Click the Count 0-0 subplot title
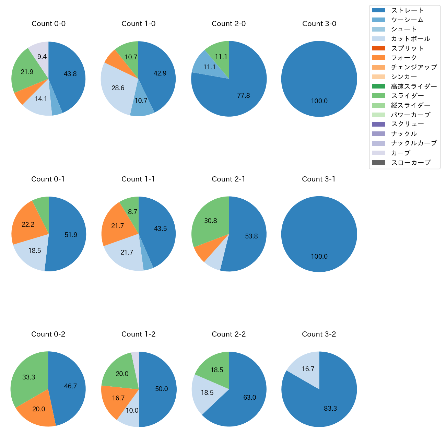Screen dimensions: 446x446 48,24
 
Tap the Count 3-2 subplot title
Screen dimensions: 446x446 319,334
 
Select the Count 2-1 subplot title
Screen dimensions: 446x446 228,179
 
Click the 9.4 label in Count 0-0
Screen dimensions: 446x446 42,57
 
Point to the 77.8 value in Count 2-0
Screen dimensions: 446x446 244,95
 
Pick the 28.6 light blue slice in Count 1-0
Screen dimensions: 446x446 118,88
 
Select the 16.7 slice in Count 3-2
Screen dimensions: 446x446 308,369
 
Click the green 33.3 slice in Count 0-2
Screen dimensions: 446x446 29,377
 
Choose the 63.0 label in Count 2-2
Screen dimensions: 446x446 250,397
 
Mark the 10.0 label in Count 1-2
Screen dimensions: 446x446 132,410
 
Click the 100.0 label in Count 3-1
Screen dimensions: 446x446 319,256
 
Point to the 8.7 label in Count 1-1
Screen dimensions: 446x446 133,212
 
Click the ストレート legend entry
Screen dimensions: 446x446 407,10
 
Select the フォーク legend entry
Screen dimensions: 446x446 404,58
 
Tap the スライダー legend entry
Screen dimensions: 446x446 407,96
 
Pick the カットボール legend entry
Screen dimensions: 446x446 410,39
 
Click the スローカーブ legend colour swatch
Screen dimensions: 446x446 378,162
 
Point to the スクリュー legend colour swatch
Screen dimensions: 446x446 378,124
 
